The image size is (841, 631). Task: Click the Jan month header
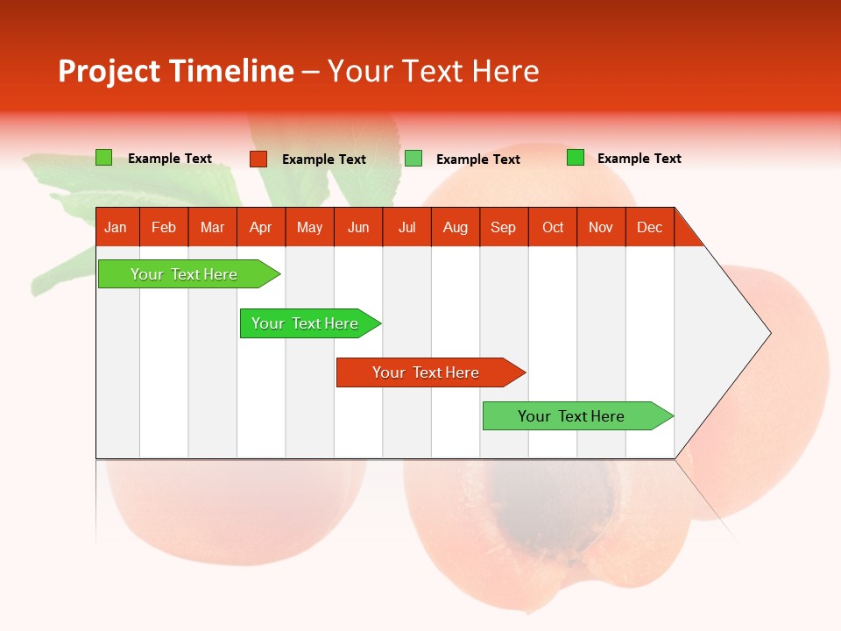coord(117,227)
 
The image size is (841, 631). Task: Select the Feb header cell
coord(164,227)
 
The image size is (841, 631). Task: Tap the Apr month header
coord(261,227)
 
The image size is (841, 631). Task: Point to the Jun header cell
coord(358,227)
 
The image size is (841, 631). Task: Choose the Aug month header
coord(456,227)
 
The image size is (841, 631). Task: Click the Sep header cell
coord(504,227)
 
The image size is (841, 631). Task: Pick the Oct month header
coord(553,227)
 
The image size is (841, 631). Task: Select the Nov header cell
coord(601,227)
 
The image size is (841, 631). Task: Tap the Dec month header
coord(650,227)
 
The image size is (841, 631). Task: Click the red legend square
coord(258,159)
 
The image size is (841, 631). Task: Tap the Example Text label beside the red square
coord(324,160)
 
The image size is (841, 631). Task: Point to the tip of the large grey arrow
coord(767,333)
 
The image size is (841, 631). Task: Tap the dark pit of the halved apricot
coord(543,500)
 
